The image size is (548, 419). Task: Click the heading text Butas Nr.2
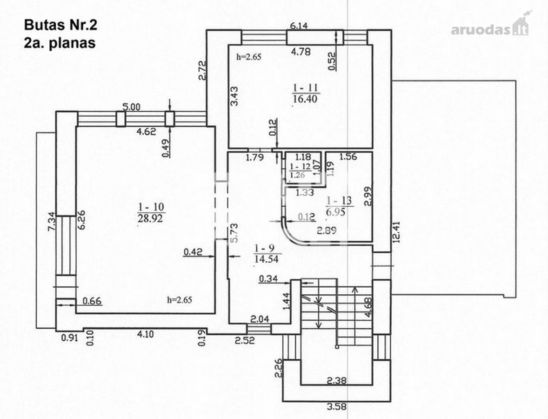point(60,25)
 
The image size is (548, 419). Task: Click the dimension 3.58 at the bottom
point(336,406)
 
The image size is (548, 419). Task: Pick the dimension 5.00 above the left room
point(131,107)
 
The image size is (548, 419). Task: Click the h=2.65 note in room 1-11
point(249,57)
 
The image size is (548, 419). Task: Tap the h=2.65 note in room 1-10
point(180,300)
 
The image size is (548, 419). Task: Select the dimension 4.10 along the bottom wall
point(145,334)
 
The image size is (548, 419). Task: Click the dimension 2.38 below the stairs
point(336,380)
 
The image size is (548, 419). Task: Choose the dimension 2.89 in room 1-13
point(327,230)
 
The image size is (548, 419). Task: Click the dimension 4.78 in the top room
point(301,52)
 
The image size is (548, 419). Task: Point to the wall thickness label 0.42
point(193,252)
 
